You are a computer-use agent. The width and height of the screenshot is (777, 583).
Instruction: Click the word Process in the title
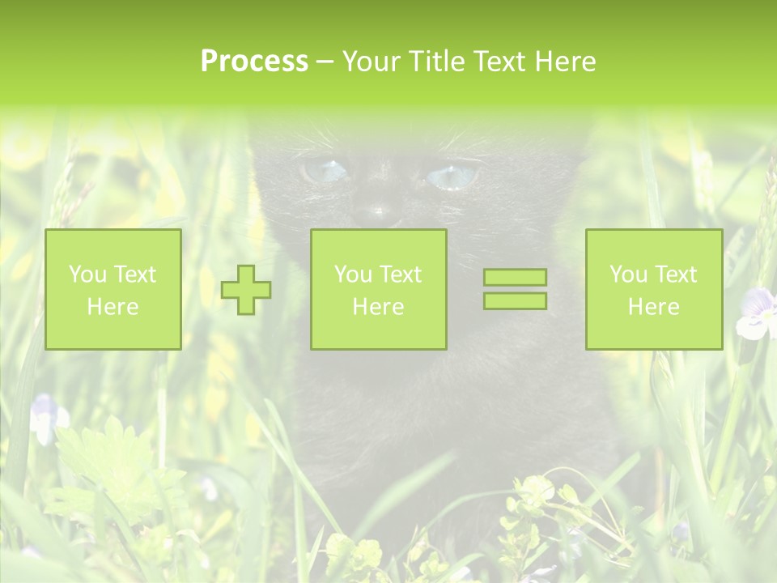tap(254, 62)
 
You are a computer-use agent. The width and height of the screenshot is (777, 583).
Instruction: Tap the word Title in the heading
tap(438, 62)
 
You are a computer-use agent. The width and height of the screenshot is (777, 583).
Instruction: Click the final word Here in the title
tap(566, 62)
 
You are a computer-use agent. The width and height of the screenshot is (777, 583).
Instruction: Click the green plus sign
tap(246, 289)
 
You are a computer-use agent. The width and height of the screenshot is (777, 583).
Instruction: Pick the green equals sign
tap(515, 289)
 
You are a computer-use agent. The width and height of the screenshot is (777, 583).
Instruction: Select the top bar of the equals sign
tap(515, 278)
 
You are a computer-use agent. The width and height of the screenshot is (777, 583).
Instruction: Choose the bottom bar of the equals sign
tap(515, 300)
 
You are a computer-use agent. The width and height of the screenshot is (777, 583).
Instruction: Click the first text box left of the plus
tap(113, 289)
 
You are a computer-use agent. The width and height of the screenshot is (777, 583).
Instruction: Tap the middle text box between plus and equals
tap(378, 289)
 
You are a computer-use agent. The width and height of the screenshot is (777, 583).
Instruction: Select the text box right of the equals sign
tap(653, 289)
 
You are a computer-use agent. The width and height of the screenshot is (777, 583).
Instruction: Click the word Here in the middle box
tap(378, 307)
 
